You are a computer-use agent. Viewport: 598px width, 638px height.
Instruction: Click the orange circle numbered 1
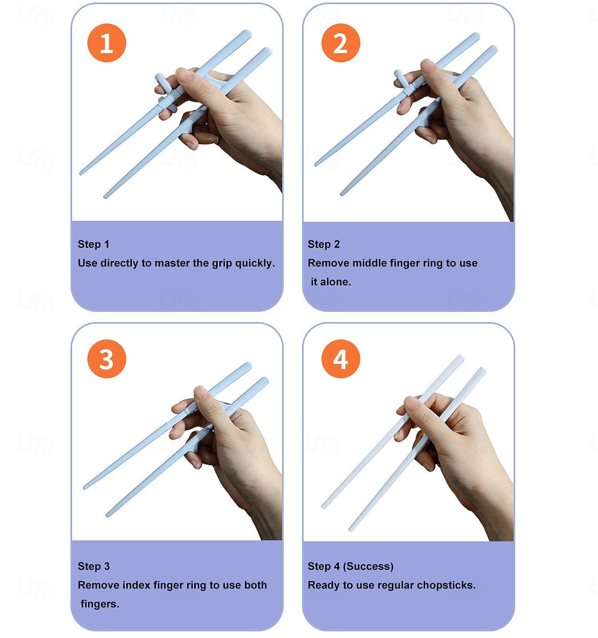pyautogui.click(x=107, y=43)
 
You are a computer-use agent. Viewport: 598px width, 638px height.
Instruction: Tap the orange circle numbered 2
pyautogui.click(x=340, y=43)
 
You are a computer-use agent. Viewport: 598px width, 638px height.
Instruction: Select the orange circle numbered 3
pyautogui.click(x=107, y=358)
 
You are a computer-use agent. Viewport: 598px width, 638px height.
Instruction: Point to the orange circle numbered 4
pyautogui.click(x=340, y=358)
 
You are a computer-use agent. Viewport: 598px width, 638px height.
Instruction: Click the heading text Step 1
pyautogui.click(x=94, y=244)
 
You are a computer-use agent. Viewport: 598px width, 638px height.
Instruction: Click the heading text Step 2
pyautogui.click(x=324, y=244)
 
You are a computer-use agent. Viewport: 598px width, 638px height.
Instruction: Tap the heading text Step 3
pyautogui.click(x=94, y=566)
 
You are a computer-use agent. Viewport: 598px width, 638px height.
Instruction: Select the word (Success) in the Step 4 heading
pyautogui.click(x=368, y=566)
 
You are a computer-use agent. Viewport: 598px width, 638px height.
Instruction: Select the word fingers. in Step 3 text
pyautogui.click(x=100, y=604)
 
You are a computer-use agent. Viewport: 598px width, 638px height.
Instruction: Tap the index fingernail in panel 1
pyautogui.click(x=184, y=76)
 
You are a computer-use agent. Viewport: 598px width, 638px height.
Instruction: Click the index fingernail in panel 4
pyautogui.click(x=411, y=404)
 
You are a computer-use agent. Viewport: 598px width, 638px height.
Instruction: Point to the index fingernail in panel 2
pyautogui.click(x=428, y=66)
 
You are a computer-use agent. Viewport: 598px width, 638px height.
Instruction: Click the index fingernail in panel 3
pyautogui.click(x=201, y=393)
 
